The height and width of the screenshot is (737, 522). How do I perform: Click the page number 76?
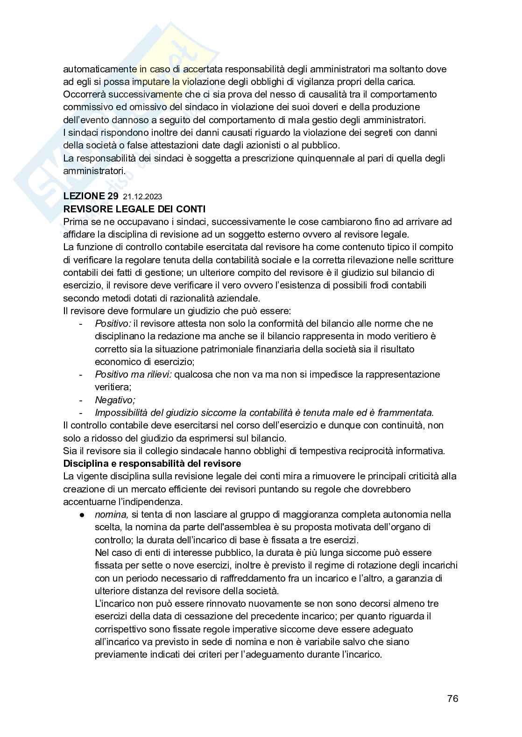(x=452, y=698)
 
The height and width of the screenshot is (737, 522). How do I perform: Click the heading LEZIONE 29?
(x=91, y=197)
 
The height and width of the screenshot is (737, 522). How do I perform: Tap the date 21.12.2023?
(x=143, y=197)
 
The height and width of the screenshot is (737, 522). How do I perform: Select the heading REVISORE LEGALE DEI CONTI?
(x=134, y=209)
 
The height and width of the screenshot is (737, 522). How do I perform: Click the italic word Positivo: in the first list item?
(x=113, y=323)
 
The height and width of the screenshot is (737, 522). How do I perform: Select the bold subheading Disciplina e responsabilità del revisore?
(x=152, y=463)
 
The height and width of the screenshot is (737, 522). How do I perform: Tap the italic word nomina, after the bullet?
(x=111, y=514)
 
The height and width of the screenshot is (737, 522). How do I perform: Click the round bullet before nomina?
(x=81, y=515)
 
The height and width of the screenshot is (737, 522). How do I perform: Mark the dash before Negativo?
(x=81, y=400)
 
